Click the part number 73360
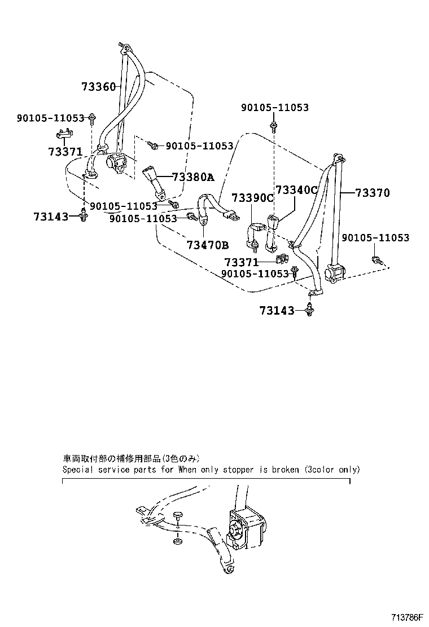(98, 87)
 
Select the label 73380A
(193, 177)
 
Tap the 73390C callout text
(252, 198)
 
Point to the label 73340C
(296, 190)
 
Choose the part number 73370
(373, 193)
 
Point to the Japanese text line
(131, 458)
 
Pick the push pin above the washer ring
(178, 516)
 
